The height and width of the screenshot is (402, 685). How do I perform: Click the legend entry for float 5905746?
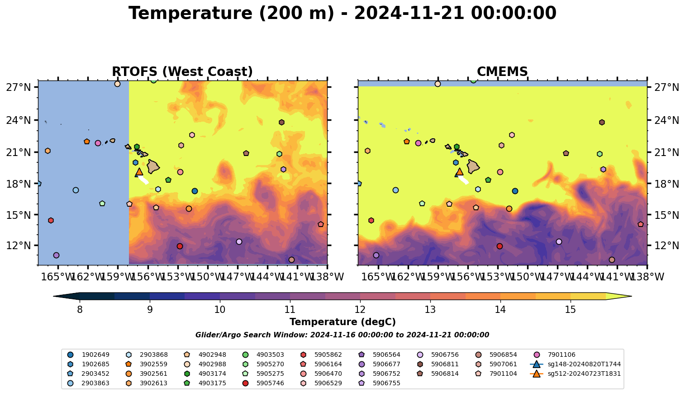[270, 383]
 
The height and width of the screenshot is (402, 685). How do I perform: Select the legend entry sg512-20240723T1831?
[584, 374]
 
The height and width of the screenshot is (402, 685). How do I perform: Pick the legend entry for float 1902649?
[95, 355]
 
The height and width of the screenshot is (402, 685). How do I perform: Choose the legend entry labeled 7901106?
[561, 355]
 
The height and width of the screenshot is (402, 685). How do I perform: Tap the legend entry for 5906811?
[445, 364]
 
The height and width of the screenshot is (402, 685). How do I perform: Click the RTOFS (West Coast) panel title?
[182, 72]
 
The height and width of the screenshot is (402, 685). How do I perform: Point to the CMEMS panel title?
[502, 72]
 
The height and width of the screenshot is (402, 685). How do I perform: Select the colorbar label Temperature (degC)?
[342, 322]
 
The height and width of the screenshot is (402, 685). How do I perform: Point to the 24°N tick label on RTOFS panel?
[18, 120]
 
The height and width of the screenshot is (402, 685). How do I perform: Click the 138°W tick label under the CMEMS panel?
[647, 277]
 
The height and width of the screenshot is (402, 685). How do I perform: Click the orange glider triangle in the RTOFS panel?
[139, 171]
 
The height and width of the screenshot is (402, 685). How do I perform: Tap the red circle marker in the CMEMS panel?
[499, 246]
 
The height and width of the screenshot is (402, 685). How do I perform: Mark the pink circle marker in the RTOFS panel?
[98, 143]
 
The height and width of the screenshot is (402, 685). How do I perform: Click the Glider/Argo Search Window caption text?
[342, 335]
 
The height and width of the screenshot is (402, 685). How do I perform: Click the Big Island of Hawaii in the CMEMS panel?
[473, 166]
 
